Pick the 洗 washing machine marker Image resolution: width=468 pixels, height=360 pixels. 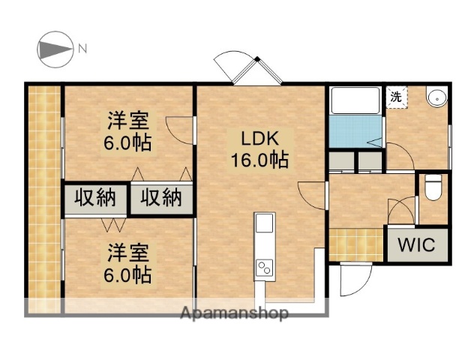(x=396, y=96)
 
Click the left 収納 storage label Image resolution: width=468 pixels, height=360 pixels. (x=95, y=199)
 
